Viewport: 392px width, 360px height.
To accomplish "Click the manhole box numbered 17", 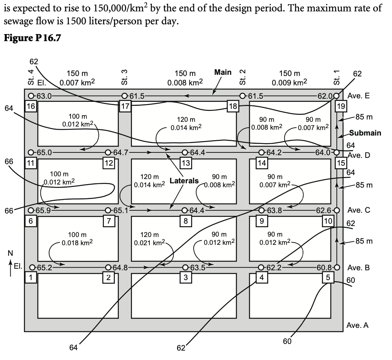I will tap(125, 106).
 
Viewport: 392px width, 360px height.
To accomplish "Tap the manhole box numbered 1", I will tap(31, 277).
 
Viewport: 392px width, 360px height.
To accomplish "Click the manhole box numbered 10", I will tap(327, 221).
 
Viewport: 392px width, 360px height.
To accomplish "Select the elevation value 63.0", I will tap(44, 96).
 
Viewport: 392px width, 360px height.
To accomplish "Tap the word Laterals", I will tap(184, 181).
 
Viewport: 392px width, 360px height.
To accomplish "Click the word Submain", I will tap(365, 133).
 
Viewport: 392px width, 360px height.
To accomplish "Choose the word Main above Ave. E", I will tap(223, 72).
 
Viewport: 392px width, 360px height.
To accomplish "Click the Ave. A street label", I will tap(358, 325).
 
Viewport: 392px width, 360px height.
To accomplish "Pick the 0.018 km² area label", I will tap(77, 243).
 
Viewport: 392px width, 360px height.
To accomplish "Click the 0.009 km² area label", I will tap(289, 83).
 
